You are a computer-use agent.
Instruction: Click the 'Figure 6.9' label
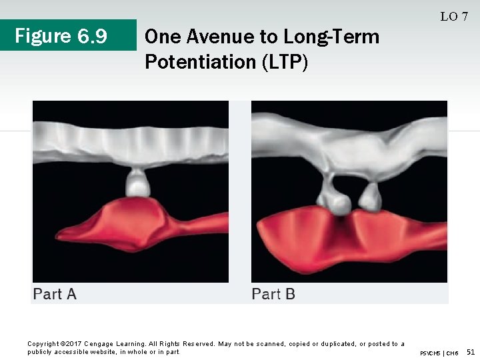(x=61, y=35)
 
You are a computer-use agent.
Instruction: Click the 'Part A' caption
(x=55, y=293)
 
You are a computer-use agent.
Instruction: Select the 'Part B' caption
(x=273, y=293)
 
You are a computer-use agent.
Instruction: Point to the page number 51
(x=471, y=351)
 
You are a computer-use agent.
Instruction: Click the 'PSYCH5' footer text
(x=431, y=352)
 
